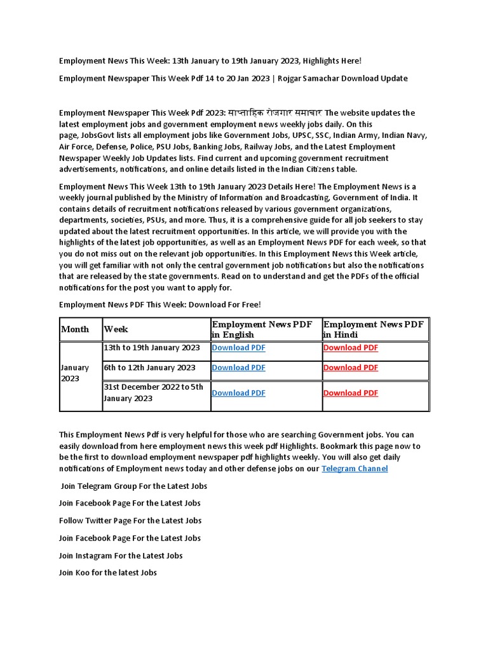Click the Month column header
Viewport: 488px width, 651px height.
[x=75, y=329]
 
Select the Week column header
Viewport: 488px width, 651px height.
[x=116, y=329]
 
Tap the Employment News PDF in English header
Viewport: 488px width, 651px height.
[x=262, y=329]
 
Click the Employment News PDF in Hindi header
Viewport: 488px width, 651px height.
[x=374, y=329]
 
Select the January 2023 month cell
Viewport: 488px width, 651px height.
[x=74, y=373]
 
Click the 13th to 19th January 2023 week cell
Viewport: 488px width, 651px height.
[x=152, y=348]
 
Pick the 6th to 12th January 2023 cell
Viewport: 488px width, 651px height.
[x=150, y=367]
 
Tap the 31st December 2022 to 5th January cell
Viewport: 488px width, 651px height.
[x=153, y=392]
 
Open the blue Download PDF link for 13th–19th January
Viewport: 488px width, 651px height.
[x=238, y=348]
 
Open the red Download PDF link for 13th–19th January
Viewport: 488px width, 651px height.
[x=350, y=348]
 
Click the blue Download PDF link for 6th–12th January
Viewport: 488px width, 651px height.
[x=238, y=367]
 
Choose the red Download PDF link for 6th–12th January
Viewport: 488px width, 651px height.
[x=350, y=367]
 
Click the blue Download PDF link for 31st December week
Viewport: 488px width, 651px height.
[x=238, y=393]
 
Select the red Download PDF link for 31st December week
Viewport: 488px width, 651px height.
[x=350, y=393]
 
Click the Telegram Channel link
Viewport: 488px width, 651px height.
[x=355, y=469]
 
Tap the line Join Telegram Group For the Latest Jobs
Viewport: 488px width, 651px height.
[x=133, y=486]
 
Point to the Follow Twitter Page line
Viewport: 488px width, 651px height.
[x=130, y=520]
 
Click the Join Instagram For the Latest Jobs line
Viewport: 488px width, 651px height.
[x=121, y=555]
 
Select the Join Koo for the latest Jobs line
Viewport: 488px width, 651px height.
[x=108, y=572]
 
